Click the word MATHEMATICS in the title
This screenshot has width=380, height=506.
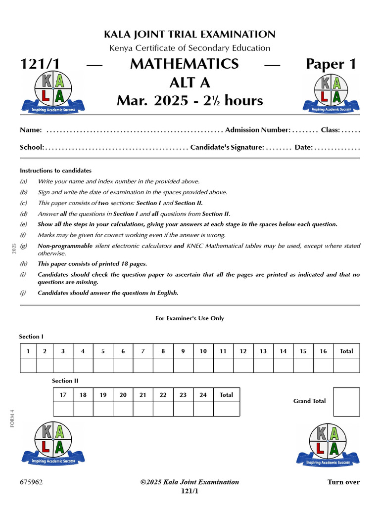tap(184, 64)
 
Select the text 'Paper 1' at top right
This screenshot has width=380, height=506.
tap(331, 64)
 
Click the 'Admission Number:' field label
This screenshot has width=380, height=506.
tap(257, 130)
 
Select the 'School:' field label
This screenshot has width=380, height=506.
tap(32, 147)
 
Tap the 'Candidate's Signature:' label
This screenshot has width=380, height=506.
tap(227, 147)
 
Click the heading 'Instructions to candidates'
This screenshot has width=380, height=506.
tap(55, 170)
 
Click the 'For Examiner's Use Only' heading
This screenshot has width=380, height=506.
tap(190, 318)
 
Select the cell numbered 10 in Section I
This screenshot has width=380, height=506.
tap(203, 351)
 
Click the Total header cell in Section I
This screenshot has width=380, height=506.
tap(346, 351)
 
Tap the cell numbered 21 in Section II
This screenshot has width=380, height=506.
tap(143, 395)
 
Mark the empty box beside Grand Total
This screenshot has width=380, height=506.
tap(346, 402)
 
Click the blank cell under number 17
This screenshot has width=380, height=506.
tap(63, 409)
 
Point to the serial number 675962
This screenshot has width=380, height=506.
tap(31, 482)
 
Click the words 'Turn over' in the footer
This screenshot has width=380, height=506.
tap(343, 482)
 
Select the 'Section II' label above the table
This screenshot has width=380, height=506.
tap(65, 381)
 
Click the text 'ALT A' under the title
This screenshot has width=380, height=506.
tap(190, 83)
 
